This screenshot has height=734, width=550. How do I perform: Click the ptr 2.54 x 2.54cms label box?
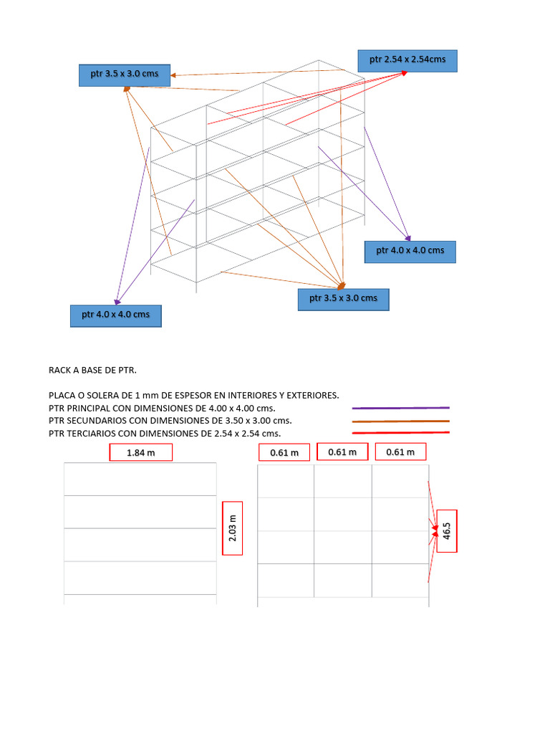click(407, 60)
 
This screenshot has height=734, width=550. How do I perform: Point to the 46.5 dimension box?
click(448, 530)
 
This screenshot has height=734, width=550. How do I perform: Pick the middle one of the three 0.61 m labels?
click(342, 452)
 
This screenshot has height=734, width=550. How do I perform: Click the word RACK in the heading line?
click(62, 370)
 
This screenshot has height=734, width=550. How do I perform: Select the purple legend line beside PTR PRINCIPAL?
click(400, 408)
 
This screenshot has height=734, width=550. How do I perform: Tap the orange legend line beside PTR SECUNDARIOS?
click(400, 421)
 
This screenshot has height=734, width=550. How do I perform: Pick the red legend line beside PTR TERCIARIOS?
click(400, 433)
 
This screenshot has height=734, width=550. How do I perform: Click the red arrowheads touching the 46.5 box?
click(435, 530)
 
